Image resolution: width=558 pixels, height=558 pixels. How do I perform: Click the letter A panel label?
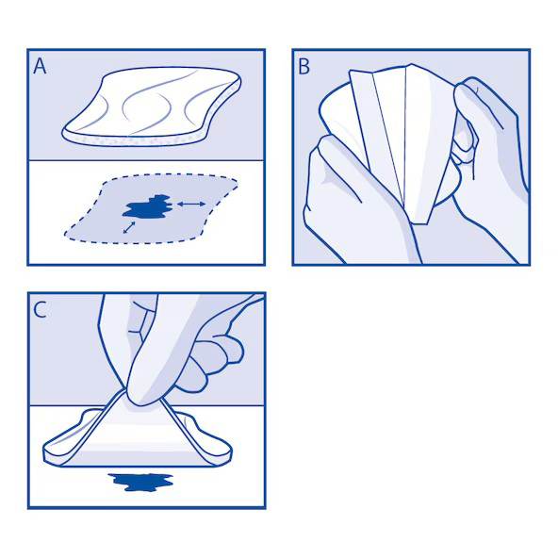40,66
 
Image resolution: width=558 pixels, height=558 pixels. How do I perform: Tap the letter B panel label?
304,66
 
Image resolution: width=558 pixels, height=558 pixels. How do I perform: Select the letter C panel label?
40,309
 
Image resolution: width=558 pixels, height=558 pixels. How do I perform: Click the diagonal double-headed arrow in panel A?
129,226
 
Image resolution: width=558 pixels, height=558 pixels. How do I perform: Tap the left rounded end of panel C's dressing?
58,451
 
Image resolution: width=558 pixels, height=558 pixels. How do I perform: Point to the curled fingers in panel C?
212,359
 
